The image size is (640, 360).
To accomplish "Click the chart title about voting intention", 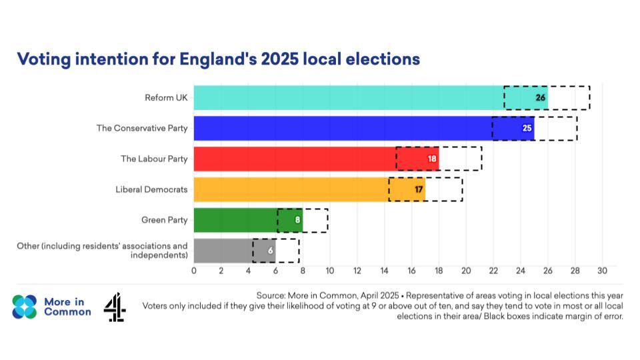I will tap(218, 59).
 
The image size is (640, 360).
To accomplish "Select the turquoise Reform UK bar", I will tap(347, 97).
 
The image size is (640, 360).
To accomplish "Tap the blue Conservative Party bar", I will tap(340, 128).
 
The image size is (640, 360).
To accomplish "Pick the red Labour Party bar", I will tap(293, 159).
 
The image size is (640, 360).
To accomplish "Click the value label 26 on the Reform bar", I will tap(541, 97).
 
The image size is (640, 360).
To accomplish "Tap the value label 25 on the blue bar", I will tap(527, 128).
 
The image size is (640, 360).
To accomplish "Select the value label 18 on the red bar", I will tap(432, 159).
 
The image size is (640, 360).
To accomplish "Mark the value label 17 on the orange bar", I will tap(419, 189).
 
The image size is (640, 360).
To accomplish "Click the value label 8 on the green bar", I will tap(297, 219).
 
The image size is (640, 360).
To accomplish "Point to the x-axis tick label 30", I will tap(602, 271).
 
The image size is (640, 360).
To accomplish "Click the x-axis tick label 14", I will tap(384, 271).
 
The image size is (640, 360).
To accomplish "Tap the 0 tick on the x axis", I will tap(194, 271).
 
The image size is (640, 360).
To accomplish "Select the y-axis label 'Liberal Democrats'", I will tap(151, 189).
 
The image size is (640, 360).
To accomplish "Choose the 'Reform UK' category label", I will tap(166, 97).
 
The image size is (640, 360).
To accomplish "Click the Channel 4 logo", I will tap(115, 307).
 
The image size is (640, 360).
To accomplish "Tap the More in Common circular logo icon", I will tap(25, 307).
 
